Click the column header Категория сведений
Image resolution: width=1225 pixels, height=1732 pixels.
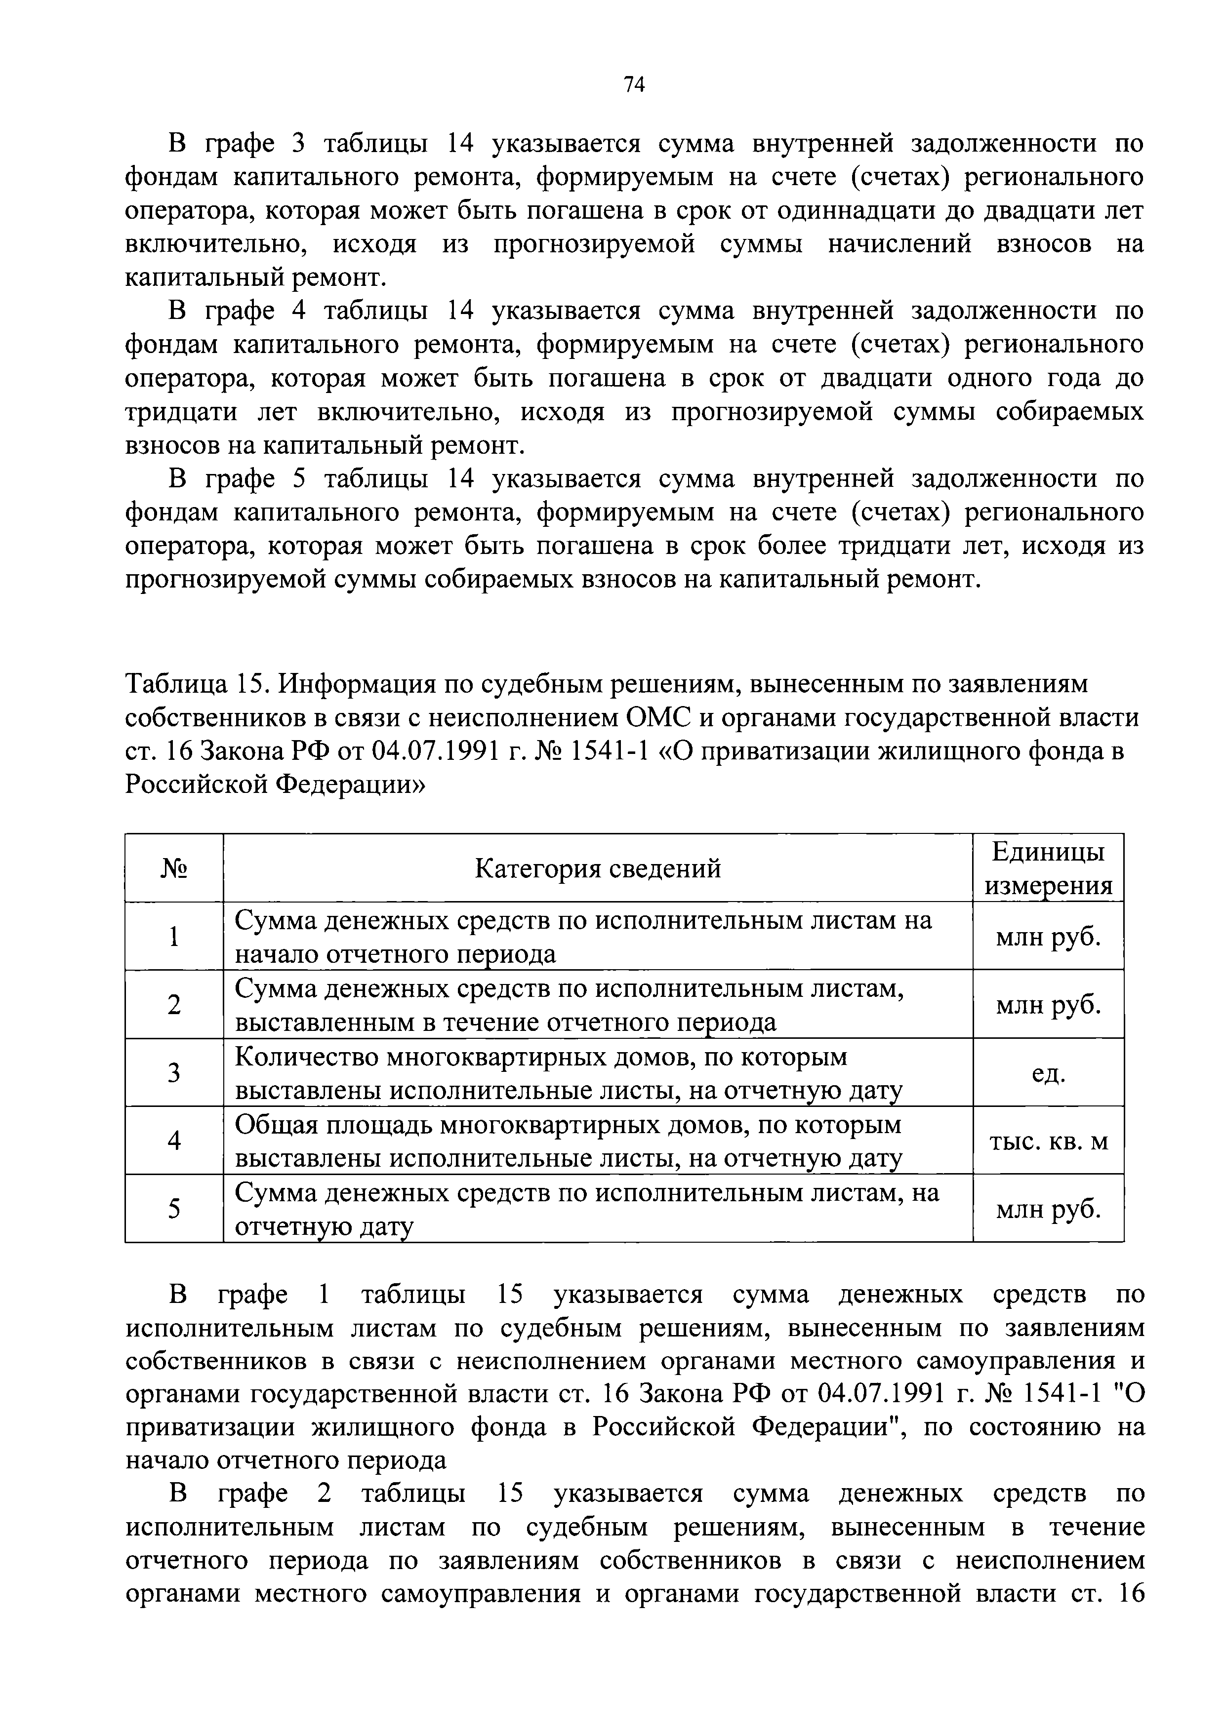597,868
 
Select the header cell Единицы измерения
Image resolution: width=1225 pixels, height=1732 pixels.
1048,868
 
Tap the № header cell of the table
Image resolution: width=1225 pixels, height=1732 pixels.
174,868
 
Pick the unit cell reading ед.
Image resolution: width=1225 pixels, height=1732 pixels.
1048,1073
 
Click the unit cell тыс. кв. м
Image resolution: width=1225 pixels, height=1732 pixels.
1048,1141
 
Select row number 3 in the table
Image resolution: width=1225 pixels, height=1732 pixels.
174,1073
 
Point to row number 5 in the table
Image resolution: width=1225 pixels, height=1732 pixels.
174,1209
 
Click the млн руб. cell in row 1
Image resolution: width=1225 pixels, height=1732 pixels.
1048,937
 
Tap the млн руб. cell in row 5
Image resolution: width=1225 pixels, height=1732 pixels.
1048,1209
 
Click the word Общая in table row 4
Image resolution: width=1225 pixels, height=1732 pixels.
276,1125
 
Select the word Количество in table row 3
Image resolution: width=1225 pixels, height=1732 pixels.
306,1057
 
